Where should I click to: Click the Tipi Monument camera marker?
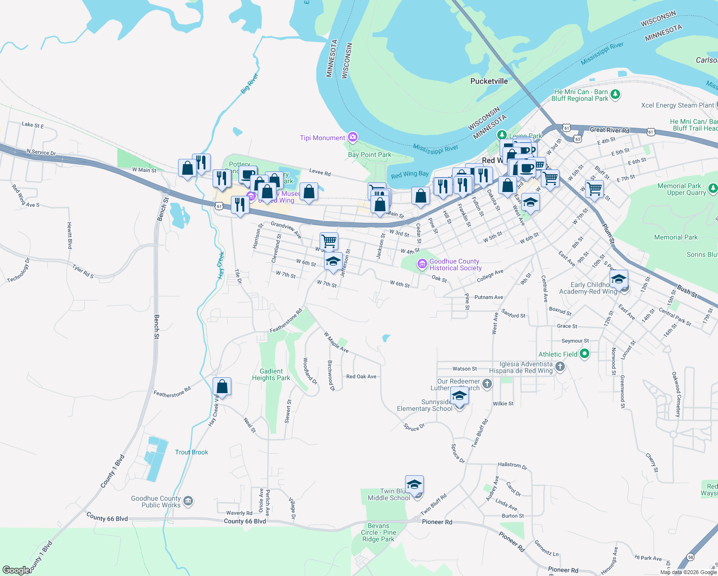[x=353, y=138]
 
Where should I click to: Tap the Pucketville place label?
[x=489, y=81]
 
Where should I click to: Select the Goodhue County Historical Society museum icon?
[x=422, y=264]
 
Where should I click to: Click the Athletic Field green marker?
[x=584, y=354]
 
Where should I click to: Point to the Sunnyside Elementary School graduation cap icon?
[x=459, y=396]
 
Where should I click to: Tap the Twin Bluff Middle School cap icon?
[x=414, y=484]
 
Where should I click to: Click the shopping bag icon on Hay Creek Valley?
[x=222, y=386]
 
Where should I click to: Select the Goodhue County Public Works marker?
[x=188, y=502]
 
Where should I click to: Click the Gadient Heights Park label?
[x=271, y=374]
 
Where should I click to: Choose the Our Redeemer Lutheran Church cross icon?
[x=487, y=384]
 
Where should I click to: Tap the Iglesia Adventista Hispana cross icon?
[x=560, y=367]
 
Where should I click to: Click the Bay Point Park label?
[x=369, y=155]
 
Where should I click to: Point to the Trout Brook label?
[x=191, y=452]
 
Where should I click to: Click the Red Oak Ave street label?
[x=361, y=376]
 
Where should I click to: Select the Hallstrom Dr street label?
[x=512, y=465]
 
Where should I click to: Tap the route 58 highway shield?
[x=690, y=557]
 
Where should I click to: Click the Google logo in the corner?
[x=16, y=570]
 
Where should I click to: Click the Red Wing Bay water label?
[x=409, y=175]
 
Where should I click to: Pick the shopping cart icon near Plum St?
[x=594, y=189]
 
